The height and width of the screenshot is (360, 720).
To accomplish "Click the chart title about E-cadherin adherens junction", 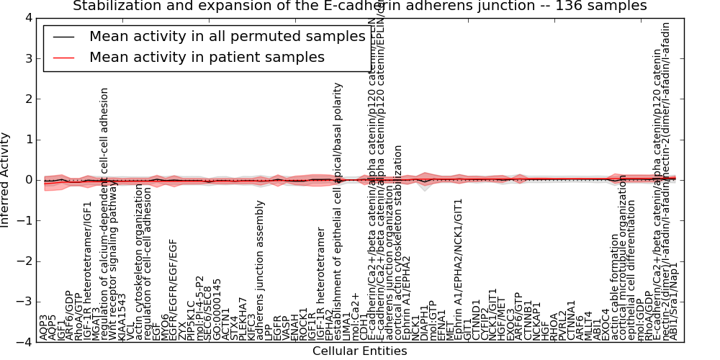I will click(x=359, y=6).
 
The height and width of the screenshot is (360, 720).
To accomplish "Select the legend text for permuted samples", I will click(x=227, y=37).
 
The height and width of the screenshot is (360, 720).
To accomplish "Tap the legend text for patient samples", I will click(x=207, y=58).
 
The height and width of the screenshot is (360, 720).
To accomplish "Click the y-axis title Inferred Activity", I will click(x=6, y=180).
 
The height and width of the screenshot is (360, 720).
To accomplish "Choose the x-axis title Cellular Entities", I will click(x=359, y=351).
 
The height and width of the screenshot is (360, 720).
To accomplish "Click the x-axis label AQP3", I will click(x=45, y=328).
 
